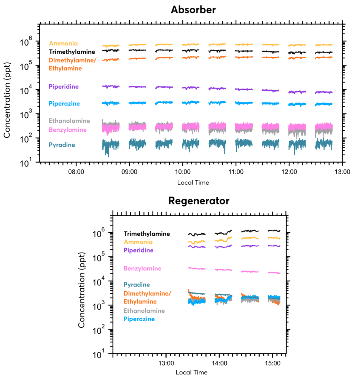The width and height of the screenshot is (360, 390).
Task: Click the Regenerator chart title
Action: pos(199,201)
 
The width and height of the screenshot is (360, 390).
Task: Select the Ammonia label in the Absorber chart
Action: pos(63,43)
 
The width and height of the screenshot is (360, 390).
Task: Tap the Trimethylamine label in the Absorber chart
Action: pos(72,52)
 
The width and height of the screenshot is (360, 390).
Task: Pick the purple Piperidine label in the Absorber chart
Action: pos(64,87)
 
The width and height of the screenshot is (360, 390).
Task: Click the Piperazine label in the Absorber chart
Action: pos(64,103)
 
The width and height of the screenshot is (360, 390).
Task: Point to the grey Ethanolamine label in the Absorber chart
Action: pos(69,121)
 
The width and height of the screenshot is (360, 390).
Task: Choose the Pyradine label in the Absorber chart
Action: pos(62,145)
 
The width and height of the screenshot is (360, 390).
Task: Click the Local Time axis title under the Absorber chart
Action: pos(193,183)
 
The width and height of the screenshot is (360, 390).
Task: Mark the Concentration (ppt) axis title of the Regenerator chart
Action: pos(82,284)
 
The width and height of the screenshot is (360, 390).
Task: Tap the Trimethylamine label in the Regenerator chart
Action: pos(147,234)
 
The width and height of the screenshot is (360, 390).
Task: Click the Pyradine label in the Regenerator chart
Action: pos(137,285)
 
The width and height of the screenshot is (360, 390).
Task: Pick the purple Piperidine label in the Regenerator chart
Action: pos(139,250)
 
